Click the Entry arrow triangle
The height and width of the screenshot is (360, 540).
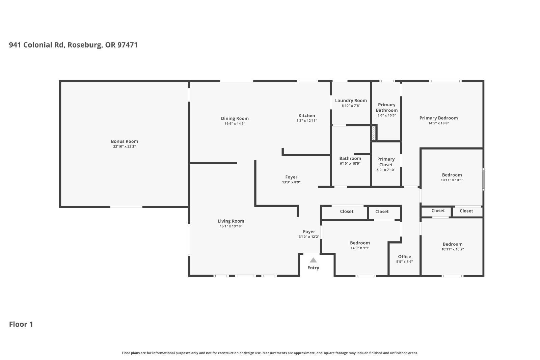pos(313,260)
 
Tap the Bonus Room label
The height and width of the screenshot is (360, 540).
pos(125,141)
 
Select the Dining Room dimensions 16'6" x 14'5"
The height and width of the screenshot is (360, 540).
pos(235,123)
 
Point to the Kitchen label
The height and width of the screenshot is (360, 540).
pos(307,115)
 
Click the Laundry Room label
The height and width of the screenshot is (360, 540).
pos(351,101)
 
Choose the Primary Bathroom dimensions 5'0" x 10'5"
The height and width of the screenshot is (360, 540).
pos(387,115)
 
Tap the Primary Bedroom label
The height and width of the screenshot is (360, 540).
pos(438,118)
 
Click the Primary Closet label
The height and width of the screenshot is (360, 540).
pos(386,162)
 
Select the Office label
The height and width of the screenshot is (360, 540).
pos(405,257)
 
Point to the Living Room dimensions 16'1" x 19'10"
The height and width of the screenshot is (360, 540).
pos(231,226)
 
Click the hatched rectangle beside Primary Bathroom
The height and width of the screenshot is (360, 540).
pos(374,133)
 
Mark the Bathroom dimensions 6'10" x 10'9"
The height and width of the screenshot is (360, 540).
pos(350,164)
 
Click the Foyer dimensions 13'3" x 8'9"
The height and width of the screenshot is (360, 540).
pos(291,182)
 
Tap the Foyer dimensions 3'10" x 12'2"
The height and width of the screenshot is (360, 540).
pos(309,237)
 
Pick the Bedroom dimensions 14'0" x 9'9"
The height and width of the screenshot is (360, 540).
pos(360,248)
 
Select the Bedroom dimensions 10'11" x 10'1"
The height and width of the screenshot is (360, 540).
pos(452,180)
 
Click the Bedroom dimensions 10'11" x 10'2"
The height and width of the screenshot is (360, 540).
pos(453,249)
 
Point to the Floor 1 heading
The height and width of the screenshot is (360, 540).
pos(21,324)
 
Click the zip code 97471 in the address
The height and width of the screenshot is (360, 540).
pos(128,45)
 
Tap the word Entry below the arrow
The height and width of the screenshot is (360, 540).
pos(313,268)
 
